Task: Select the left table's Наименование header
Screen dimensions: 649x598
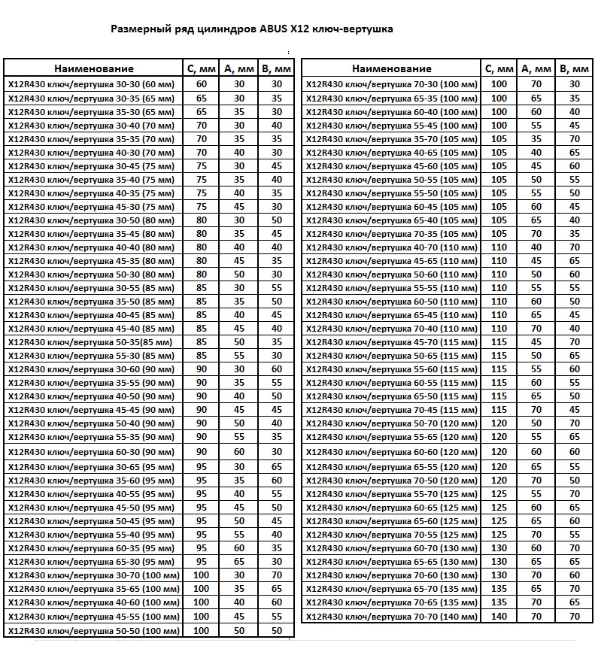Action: click(x=94, y=69)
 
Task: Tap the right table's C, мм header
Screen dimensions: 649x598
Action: click(x=499, y=69)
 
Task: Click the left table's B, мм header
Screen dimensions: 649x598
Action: click(x=276, y=69)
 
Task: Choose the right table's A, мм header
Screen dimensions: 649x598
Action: click(x=536, y=69)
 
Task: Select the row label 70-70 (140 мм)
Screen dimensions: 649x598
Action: click(x=391, y=617)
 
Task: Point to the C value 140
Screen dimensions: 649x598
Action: click(x=499, y=617)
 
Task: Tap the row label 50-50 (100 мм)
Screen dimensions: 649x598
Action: click(x=93, y=630)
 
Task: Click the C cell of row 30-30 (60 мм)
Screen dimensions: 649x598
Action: click(x=202, y=84)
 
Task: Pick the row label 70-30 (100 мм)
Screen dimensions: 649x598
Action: click(x=391, y=84)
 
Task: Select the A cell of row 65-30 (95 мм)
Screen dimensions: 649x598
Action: click(x=239, y=561)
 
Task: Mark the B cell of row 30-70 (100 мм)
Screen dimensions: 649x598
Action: click(x=276, y=575)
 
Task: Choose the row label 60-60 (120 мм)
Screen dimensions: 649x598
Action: click(x=391, y=452)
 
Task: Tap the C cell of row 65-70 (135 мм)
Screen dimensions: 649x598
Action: click(x=499, y=589)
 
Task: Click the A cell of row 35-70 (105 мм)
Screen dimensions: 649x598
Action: click(x=536, y=139)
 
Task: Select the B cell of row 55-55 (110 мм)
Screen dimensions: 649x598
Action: click(x=575, y=288)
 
